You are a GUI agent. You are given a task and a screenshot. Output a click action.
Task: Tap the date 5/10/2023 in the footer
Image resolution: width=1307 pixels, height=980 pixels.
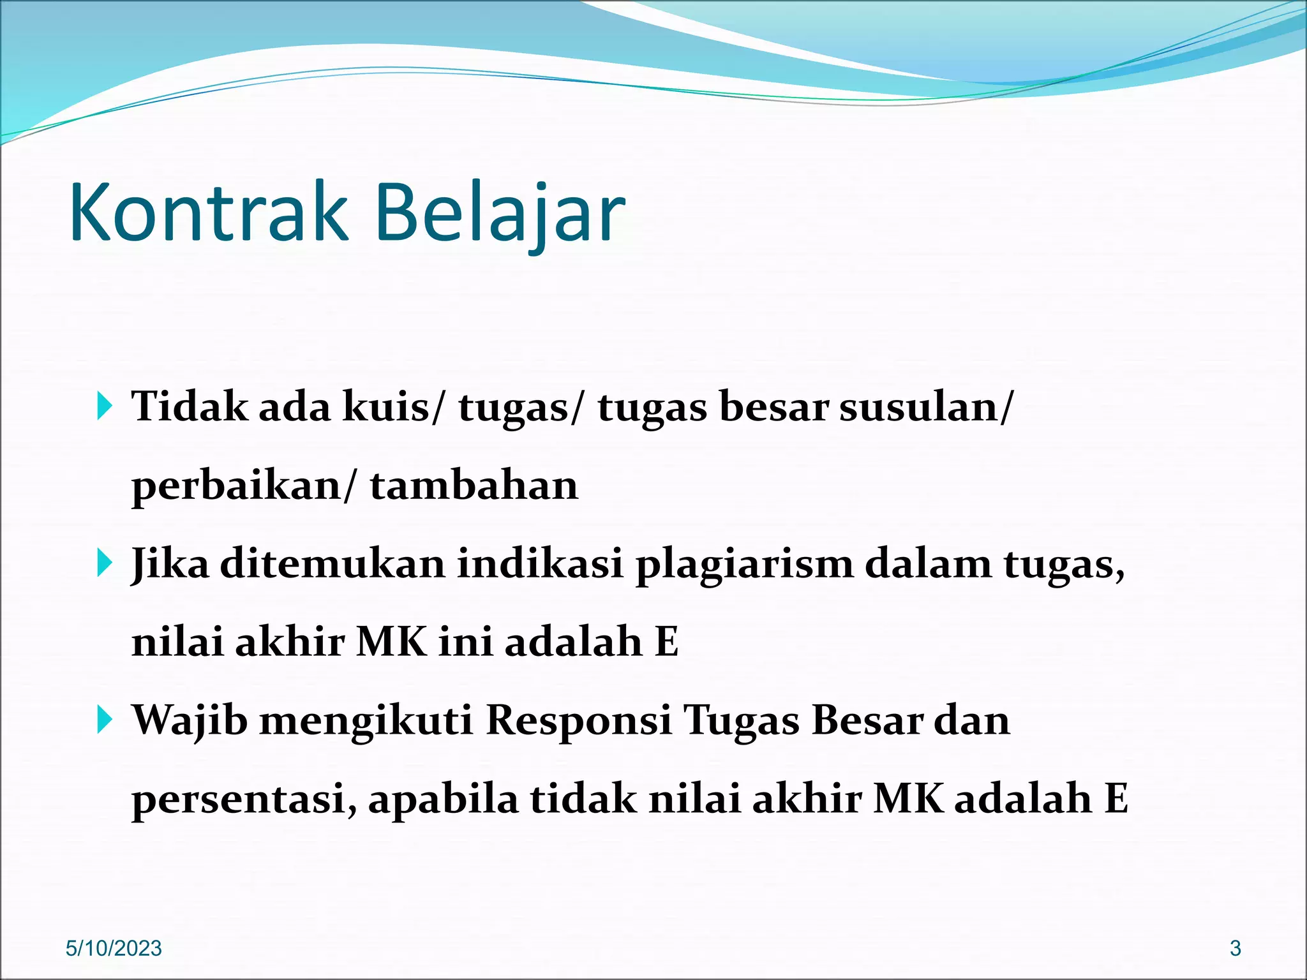click(x=114, y=948)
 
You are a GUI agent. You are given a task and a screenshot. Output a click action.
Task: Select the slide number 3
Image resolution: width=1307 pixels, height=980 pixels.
click(x=1235, y=948)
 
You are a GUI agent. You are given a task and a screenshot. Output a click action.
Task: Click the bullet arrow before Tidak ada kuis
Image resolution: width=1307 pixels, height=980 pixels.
click(x=105, y=406)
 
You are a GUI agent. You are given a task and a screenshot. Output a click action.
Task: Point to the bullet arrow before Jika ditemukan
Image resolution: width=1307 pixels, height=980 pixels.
click(x=105, y=563)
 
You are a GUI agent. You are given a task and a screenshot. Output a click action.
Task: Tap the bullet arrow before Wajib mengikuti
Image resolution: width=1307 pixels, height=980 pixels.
click(x=105, y=720)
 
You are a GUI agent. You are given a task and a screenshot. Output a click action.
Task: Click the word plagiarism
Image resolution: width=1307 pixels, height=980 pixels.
click(x=744, y=565)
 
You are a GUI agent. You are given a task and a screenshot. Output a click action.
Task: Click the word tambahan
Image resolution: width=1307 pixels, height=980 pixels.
click(x=474, y=486)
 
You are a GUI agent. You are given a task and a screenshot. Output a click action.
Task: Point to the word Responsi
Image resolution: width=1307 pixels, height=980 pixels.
click(x=579, y=720)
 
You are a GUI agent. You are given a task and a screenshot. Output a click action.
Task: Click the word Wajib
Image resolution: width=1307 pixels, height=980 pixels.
click(x=190, y=720)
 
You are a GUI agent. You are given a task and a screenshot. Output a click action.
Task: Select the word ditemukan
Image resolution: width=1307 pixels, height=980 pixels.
click(x=332, y=564)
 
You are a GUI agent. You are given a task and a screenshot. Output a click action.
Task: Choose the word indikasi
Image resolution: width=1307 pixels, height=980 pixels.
click(x=540, y=564)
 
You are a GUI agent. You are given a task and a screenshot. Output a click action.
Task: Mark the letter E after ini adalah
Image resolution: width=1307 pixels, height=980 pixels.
click(x=667, y=642)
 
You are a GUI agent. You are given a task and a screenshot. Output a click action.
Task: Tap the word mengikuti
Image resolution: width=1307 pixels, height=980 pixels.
click(x=366, y=722)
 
